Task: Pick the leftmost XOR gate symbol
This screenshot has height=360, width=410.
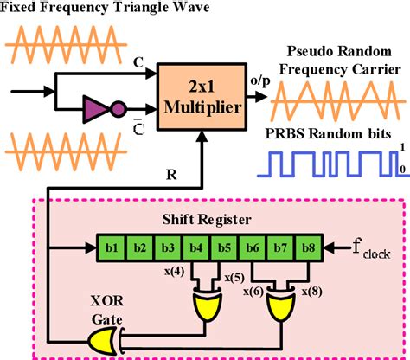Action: (x=100, y=341)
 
